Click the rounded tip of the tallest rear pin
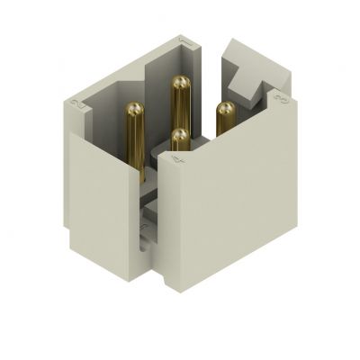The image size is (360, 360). [x=180, y=83]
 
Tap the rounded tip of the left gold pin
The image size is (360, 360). [x=134, y=110]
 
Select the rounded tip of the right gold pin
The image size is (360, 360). [x=225, y=109]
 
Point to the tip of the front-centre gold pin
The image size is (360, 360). [x=180, y=136]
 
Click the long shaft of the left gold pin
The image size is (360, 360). [x=135, y=144]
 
